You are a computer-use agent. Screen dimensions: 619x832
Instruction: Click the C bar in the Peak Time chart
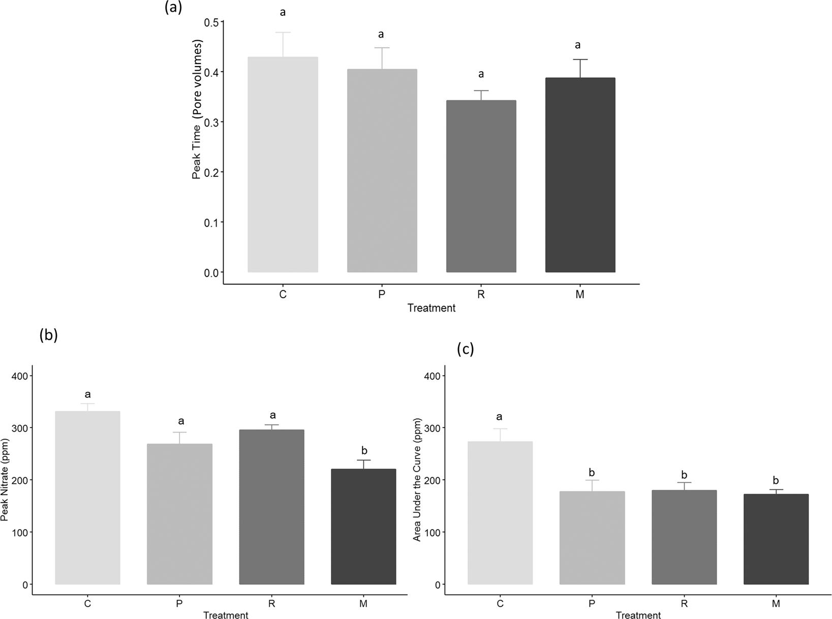click(283, 165)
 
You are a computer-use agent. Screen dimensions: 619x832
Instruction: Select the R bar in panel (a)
click(481, 186)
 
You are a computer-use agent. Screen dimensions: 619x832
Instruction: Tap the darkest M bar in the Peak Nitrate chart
click(363, 527)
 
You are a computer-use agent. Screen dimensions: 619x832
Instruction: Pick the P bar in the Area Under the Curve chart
click(592, 538)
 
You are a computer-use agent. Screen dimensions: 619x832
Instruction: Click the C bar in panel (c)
click(500, 513)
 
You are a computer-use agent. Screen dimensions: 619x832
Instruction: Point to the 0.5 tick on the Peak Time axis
click(211, 23)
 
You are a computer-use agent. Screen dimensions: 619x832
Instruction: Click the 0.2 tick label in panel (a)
click(211, 173)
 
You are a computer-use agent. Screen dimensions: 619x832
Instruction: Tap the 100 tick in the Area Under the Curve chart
click(433, 532)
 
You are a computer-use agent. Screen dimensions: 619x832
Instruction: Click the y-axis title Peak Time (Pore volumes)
click(197, 109)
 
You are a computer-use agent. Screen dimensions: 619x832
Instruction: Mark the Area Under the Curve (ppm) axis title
click(417, 480)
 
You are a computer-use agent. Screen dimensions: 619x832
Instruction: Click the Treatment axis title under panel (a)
click(431, 308)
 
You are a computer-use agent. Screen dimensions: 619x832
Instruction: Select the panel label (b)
click(48, 335)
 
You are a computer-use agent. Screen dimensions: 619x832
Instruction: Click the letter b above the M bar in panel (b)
click(364, 451)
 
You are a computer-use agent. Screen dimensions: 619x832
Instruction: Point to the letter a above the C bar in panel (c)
click(499, 417)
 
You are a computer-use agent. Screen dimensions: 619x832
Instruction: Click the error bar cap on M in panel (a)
click(580, 59)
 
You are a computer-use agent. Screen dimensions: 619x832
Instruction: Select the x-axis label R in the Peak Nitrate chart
click(271, 604)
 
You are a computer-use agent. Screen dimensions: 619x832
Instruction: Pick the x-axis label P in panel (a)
click(382, 294)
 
